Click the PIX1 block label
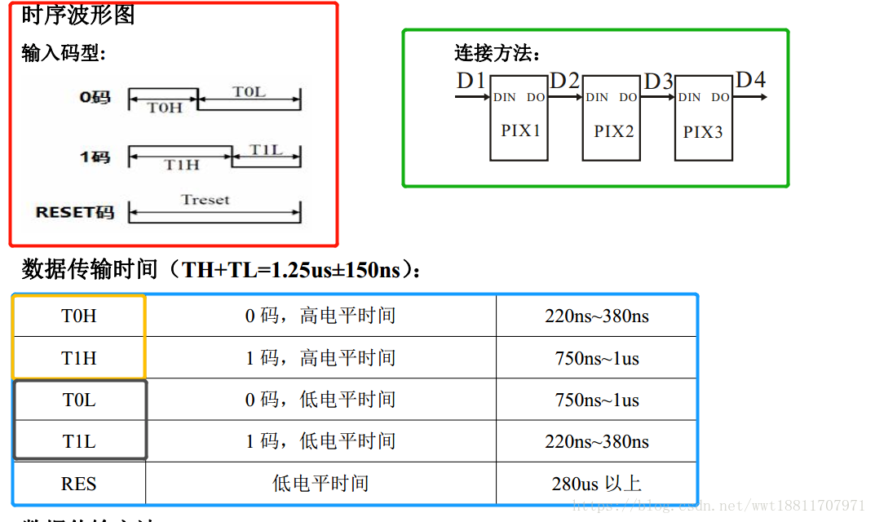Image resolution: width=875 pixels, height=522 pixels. (x=520, y=130)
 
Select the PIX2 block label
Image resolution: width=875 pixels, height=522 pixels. (x=613, y=131)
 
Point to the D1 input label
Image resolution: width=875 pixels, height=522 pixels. (x=471, y=82)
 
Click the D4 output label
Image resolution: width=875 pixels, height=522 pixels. (x=750, y=80)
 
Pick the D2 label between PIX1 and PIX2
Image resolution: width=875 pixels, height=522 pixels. (x=565, y=82)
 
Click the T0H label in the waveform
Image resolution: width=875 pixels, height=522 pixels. (x=164, y=108)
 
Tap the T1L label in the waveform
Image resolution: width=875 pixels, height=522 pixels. (x=266, y=150)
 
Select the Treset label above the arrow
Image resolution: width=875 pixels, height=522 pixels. (x=205, y=200)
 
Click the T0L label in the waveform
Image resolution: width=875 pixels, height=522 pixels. (x=249, y=92)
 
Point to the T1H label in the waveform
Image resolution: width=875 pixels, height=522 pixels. (x=181, y=165)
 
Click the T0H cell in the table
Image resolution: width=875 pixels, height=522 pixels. (x=79, y=316)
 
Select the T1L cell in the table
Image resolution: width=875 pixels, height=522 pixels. (x=79, y=441)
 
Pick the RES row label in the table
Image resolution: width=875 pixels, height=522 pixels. (x=79, y=484)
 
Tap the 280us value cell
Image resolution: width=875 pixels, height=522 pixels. (x=597, y=484)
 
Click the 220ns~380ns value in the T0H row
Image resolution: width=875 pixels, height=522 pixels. (x=597, y=316)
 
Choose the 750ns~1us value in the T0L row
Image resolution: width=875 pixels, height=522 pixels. (x=597, y=400)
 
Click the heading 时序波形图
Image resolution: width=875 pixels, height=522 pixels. (x=78, y=15)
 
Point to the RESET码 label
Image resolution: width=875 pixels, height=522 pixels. (x=75, y=212)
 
